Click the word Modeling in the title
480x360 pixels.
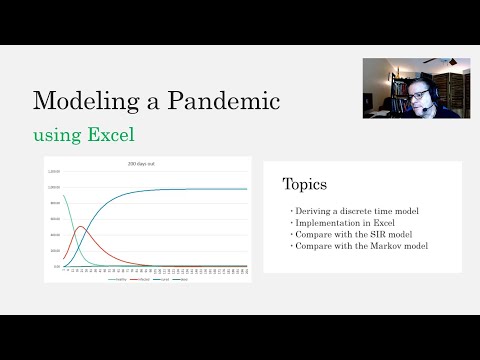coord(79,101)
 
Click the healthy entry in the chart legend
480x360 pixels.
coord(118,277)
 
